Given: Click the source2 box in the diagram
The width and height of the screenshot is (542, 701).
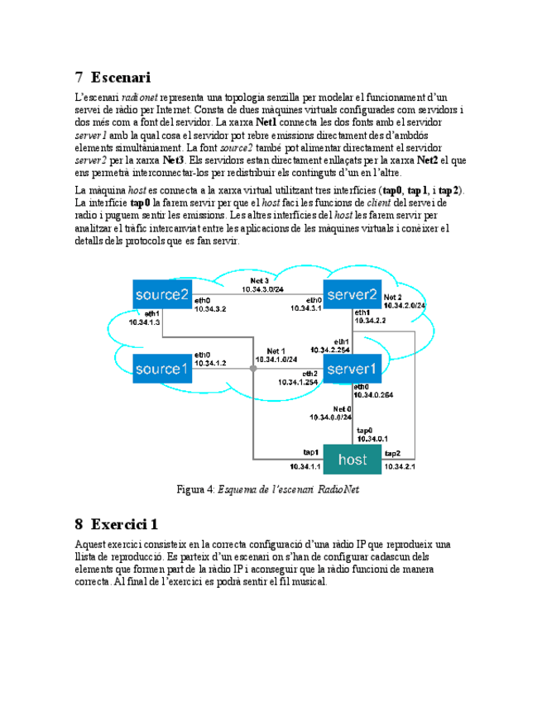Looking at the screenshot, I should (162, 294).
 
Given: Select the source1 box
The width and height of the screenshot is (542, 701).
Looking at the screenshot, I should (162, 368).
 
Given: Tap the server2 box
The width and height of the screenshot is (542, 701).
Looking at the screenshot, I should (352, 294).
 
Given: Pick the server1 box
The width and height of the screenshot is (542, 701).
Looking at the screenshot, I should (352, 368).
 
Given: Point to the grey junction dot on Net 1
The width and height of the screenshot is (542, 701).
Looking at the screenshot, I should (254, 369).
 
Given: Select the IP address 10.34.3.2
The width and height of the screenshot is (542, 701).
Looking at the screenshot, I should (210, 308).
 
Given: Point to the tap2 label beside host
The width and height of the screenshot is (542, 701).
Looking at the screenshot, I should (392, 454).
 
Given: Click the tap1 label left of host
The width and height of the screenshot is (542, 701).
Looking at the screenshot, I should (311, 453).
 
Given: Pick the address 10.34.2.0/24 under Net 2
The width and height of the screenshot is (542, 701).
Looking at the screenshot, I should (405, 305).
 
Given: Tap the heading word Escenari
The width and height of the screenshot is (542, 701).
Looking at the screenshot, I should (121, 78).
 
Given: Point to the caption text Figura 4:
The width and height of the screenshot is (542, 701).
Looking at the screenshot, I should (196, 489).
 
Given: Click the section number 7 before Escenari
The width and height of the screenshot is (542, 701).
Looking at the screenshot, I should (79, 78).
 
